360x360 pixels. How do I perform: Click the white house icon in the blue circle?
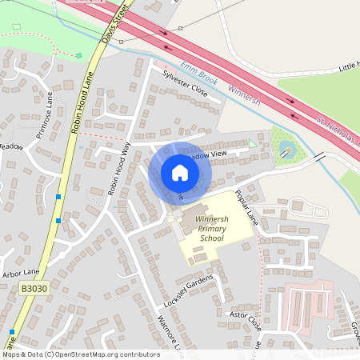pos(179,173)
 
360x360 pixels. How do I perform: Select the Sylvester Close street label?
pos(185,83)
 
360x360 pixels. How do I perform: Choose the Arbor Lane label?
pos(21,273)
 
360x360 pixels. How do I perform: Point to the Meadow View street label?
pos(206,153)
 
